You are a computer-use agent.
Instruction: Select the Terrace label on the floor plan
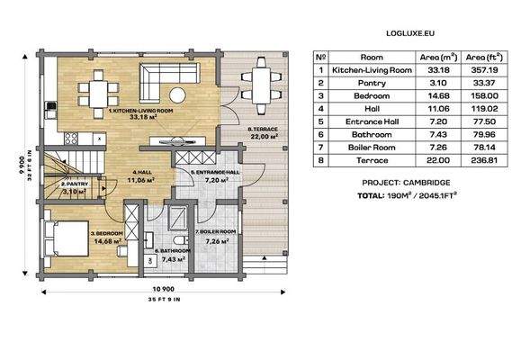tap(262, 130)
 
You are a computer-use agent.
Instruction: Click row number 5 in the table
tap(319, 121)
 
